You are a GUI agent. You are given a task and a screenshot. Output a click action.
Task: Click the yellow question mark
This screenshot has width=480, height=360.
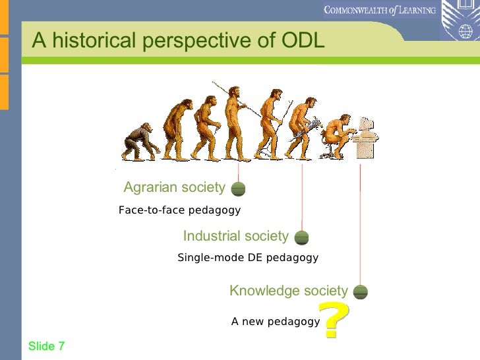334,320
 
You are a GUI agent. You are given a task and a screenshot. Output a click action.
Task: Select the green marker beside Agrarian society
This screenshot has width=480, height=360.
239,189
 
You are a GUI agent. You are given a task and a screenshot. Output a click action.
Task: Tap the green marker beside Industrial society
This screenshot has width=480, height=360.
301,237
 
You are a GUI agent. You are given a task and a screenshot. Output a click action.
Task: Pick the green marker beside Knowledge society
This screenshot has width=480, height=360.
360,292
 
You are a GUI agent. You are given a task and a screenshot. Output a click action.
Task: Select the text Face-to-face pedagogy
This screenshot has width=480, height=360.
179,210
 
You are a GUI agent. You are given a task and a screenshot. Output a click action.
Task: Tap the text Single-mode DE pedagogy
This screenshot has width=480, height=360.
248,258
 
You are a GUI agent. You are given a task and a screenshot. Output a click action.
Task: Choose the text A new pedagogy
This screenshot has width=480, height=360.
275,322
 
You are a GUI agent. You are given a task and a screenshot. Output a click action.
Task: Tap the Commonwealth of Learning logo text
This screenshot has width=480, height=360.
380,10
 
